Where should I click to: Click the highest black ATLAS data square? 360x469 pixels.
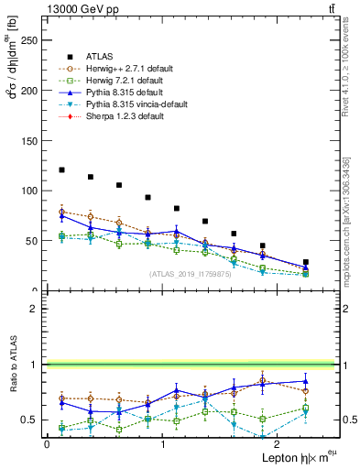[x=61, y=169]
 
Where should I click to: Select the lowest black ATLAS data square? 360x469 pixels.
[x=305, y=262]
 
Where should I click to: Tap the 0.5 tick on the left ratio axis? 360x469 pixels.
[x=35, y=420]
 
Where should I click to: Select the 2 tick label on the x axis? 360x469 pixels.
[x=277, y=443]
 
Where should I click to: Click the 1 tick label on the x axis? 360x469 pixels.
[x=162, y=443]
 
